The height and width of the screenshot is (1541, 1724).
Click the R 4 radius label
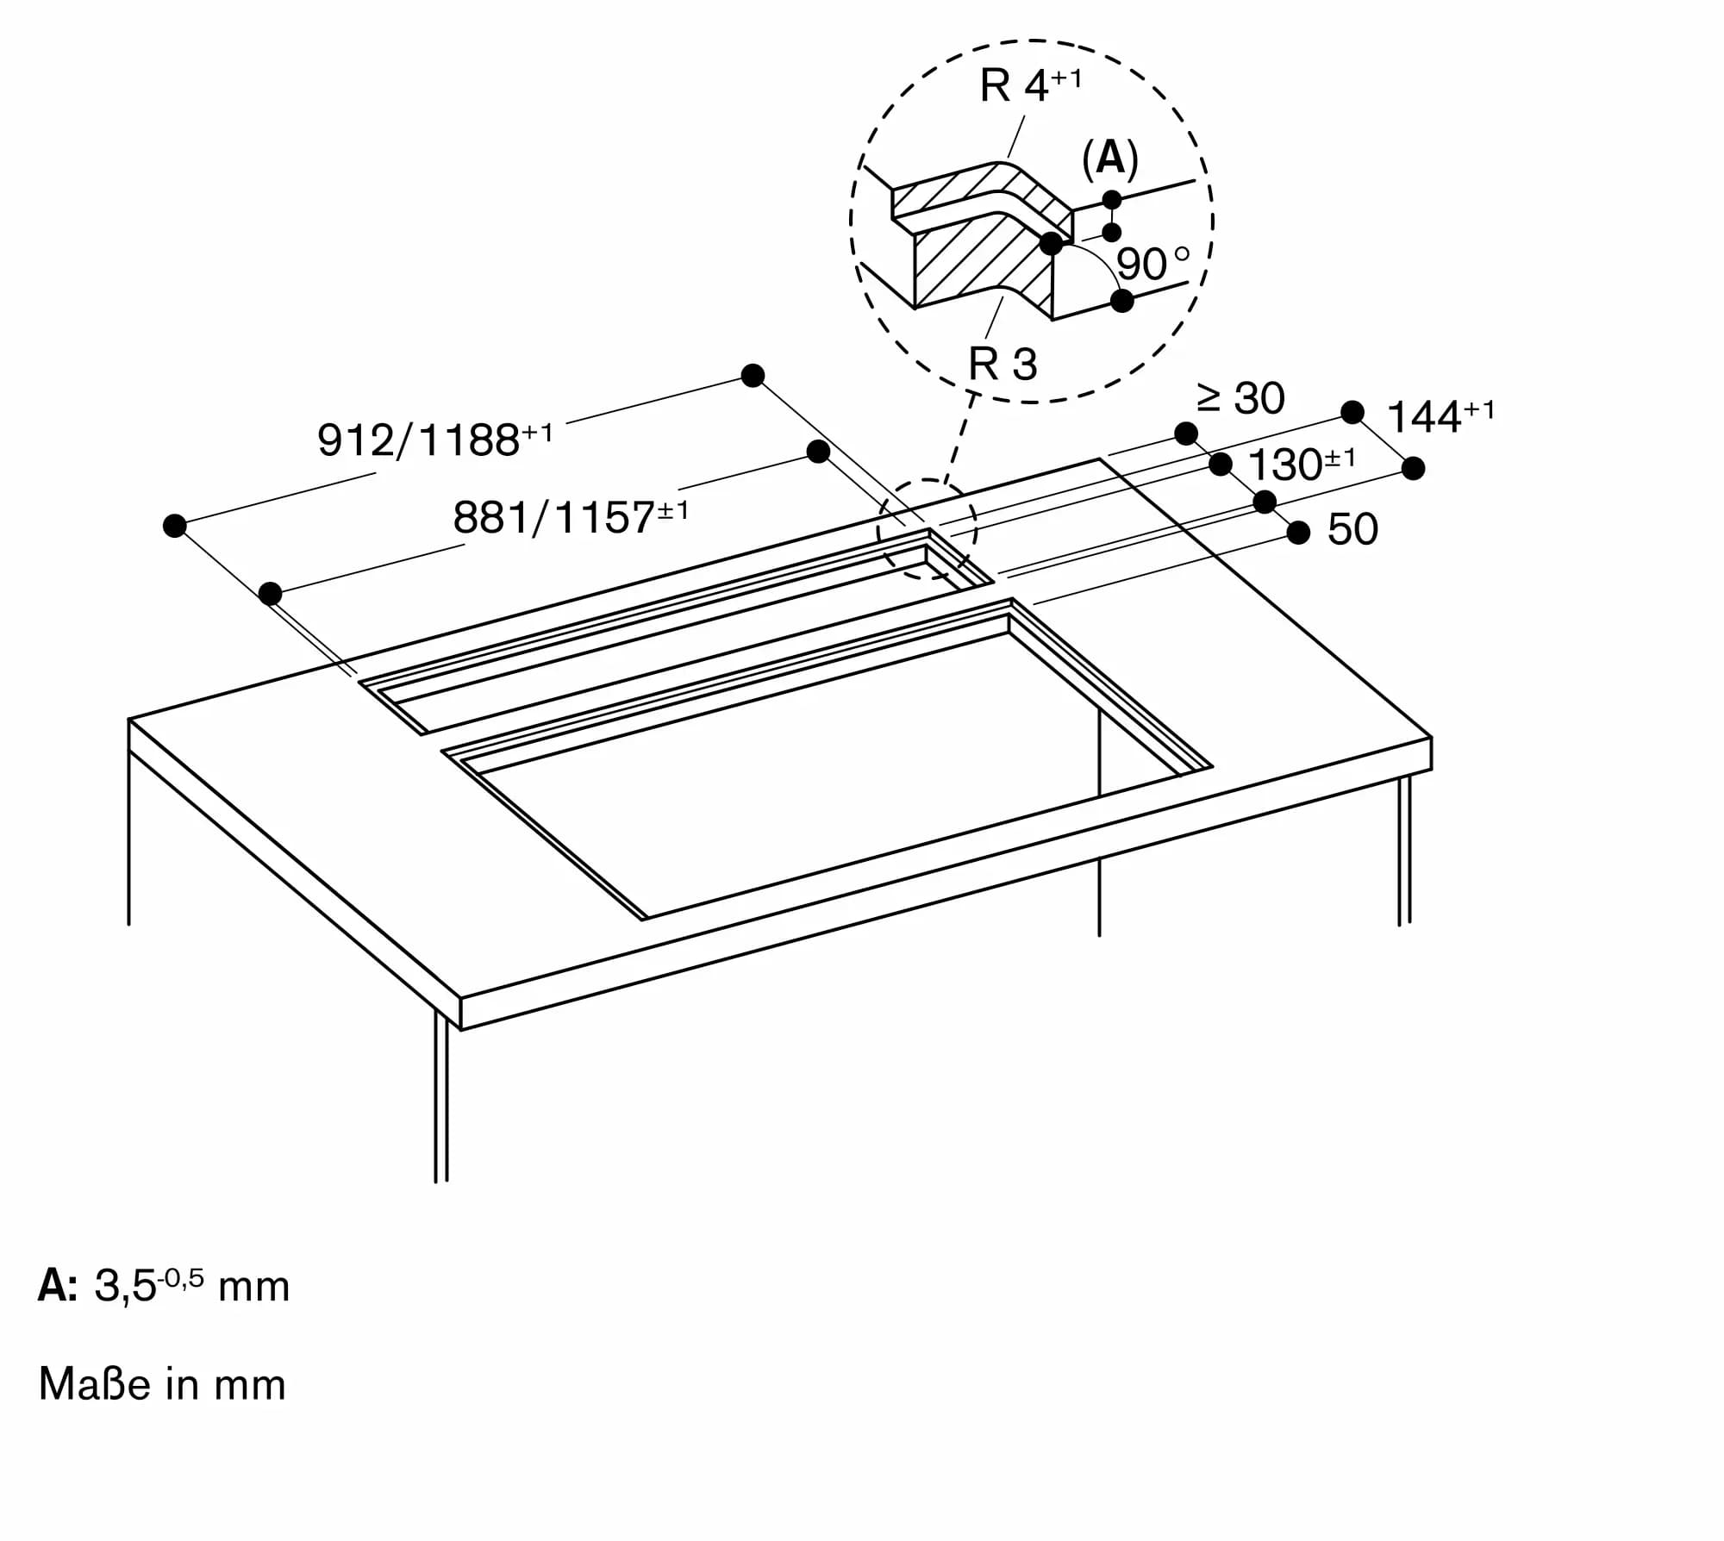pyautogui.click(x=1029, y=86)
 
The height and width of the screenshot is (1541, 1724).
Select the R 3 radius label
pyautogui.click(x=1003, y=364)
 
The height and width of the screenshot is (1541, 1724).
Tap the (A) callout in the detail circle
pyautogui.click(x=1110, y=159)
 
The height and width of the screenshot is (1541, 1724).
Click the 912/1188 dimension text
pyautogui.click(x=434, y=439)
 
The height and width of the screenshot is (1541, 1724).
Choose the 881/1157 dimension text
pyautogui.click(x=570, y=517)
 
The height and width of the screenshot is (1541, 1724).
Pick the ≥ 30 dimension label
pyautogui.click(x=1241, y=398)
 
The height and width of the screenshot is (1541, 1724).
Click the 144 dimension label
pyautogui.click(x=1440, y=416)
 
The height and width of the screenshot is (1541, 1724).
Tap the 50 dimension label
pyautogui.click(x=1352, y=529)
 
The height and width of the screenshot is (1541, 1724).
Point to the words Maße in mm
pyautogui.click(x=162, y=1385)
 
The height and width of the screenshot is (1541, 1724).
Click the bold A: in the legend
pyautogui.click(x=58, y=1287)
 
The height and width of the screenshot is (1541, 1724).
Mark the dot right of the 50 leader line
pyautogui.click(x=1299, y=533)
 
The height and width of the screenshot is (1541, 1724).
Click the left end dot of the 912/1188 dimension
pyautogui.click(x=175, y=526)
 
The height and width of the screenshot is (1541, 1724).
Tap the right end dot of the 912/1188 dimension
pyautogui.click(x=753, y=376)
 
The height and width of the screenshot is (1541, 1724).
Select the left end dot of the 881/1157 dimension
pyautogui.click(x=271, y=593)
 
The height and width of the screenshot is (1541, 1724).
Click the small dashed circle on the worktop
pyautogui.click(x=927, y=528)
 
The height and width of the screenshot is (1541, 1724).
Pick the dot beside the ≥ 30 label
pyautogui.click(x=1187, y=433)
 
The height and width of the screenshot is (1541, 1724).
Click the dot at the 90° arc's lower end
pyautogui.click(x=1122, y=301)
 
